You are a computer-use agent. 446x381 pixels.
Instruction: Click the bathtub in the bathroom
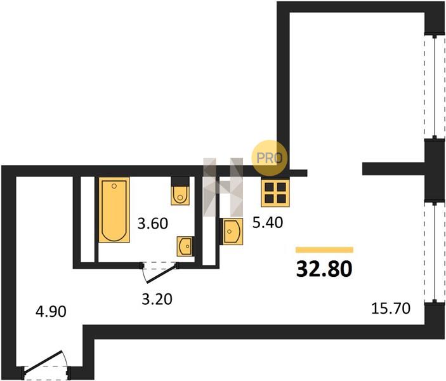pyautogui.click(x=114, y=210)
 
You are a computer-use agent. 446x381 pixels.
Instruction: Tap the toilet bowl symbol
pyautogui.click(x=180, y=195)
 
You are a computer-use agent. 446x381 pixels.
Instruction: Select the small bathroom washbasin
pyautogui.click(x=185, y=246)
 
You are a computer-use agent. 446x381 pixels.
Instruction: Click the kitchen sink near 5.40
pyautogui.click(x=232, y=232)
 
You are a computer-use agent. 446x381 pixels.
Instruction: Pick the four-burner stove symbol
pyautogui.click(x=275, y=193)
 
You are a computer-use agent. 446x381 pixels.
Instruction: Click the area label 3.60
pyautogui.click(x=153, y=224)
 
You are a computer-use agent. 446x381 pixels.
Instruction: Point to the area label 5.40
pyautogui.click(x=268, y=222)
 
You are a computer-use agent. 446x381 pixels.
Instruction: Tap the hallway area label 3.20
pyautogui.click(x=157, y=299)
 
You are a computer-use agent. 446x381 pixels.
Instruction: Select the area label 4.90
pyautogui.click(x=51, y=312)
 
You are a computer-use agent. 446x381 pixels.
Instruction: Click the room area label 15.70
pyautogui.click(x=391, y=309)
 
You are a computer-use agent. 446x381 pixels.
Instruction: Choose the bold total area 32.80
pyautogui.click(x=324, y=269)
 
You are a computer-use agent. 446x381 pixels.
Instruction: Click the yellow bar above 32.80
pyautogui.click(x=324, y=250)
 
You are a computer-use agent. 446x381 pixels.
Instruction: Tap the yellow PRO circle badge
pyautogui.click(x=270, y=157)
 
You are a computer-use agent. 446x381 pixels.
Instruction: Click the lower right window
pyautogui.click(x=435, y=252)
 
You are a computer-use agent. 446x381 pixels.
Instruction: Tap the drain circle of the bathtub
pyautogui.click(x=114, y=186)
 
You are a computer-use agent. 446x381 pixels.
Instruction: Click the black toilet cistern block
pyautogui.click(x=180, y=181)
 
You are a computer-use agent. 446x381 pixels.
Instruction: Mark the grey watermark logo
pyautogui.click(x=223, y=187)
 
